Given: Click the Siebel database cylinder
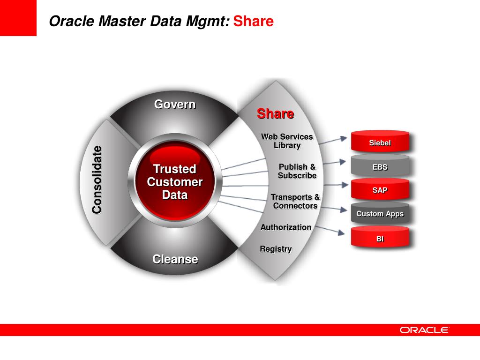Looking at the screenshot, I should coord(380,142).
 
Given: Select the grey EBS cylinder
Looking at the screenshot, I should coord(380,166).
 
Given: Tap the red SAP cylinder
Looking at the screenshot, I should coord(380,190).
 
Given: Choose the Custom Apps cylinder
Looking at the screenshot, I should coord(380,214).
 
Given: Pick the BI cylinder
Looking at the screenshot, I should coord(380,238).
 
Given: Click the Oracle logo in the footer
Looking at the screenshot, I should coord(424,330).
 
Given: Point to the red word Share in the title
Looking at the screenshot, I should coord(253,22).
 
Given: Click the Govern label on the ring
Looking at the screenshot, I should coord(175,104).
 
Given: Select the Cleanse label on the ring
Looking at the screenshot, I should coord(175,259).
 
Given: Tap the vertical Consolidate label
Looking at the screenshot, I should coord(97,180).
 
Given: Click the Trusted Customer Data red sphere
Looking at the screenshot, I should coord(175,181).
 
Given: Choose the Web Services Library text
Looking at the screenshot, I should coord(287,141).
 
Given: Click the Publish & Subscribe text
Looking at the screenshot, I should coord(297,171).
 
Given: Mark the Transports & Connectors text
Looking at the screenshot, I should coord(295,202).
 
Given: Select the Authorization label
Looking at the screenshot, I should coord(286,227).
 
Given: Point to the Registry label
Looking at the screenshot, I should coord(276,249).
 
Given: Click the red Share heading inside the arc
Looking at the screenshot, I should coord(275,113).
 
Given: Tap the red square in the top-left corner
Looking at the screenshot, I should coord(18,18).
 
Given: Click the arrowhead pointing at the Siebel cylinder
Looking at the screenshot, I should coord(344,138).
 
